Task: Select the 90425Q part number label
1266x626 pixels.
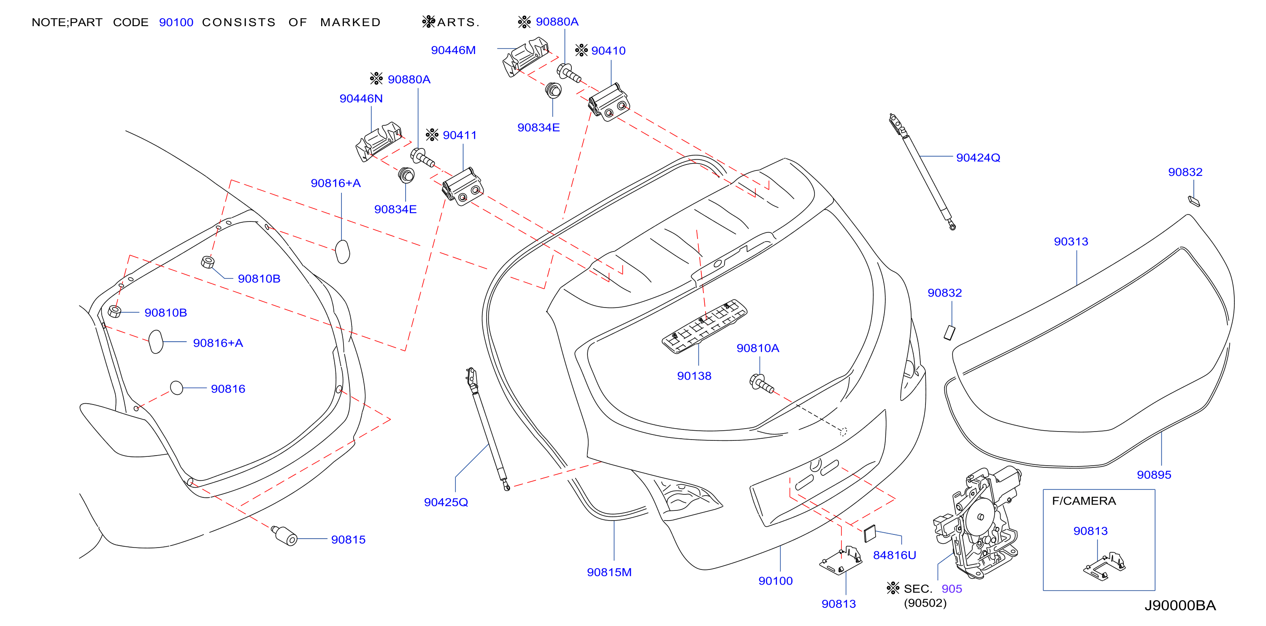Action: [x=446, y=502]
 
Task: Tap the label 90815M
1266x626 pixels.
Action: [x=609, y=572]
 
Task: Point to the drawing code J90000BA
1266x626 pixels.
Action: [x=1180, y=605]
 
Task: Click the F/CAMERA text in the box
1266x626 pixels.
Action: [x=1084, y=501]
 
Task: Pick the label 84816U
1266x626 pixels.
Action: [x=895, y=555]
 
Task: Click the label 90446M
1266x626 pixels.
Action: [x=453, y=50]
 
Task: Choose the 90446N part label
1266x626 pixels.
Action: [x=361, y=98]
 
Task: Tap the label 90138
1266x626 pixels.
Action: [x=694, y=376]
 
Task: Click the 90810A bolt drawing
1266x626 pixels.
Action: [x=761, y=384]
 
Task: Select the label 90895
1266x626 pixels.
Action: [x=1154, y=475]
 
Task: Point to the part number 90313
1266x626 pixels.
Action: [x=1071, y=241]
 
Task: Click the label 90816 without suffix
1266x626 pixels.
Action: [x=228, y=389]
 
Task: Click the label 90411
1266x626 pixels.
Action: [x=460, y=135]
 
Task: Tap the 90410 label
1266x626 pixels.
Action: [x=609, y=51]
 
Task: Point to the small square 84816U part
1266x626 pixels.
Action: [x=870, y=534]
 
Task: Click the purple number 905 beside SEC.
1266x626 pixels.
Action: [x=952, y=588]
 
